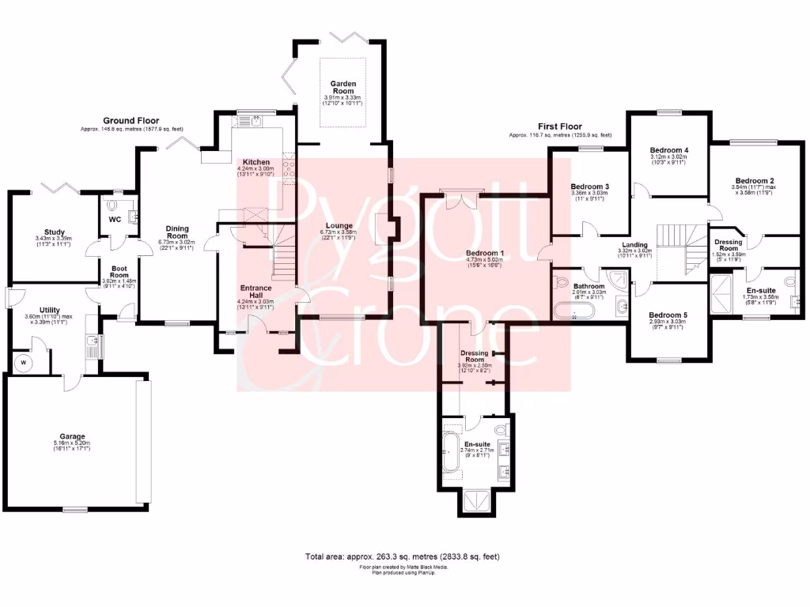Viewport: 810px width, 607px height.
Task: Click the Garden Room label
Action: tap(343, 87)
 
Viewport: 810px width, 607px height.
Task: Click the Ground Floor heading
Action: tap(131, 121)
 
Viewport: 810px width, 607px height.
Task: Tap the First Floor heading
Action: tap(558, 126)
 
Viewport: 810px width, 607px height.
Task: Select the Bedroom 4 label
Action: tap(668, 149)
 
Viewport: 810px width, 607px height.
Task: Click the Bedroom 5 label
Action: tap(668, 315)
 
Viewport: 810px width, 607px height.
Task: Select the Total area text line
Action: tap(403, 556)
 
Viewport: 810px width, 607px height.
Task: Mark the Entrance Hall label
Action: tap(255, 292)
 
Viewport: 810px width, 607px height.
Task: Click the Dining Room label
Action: tap(177, 232)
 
